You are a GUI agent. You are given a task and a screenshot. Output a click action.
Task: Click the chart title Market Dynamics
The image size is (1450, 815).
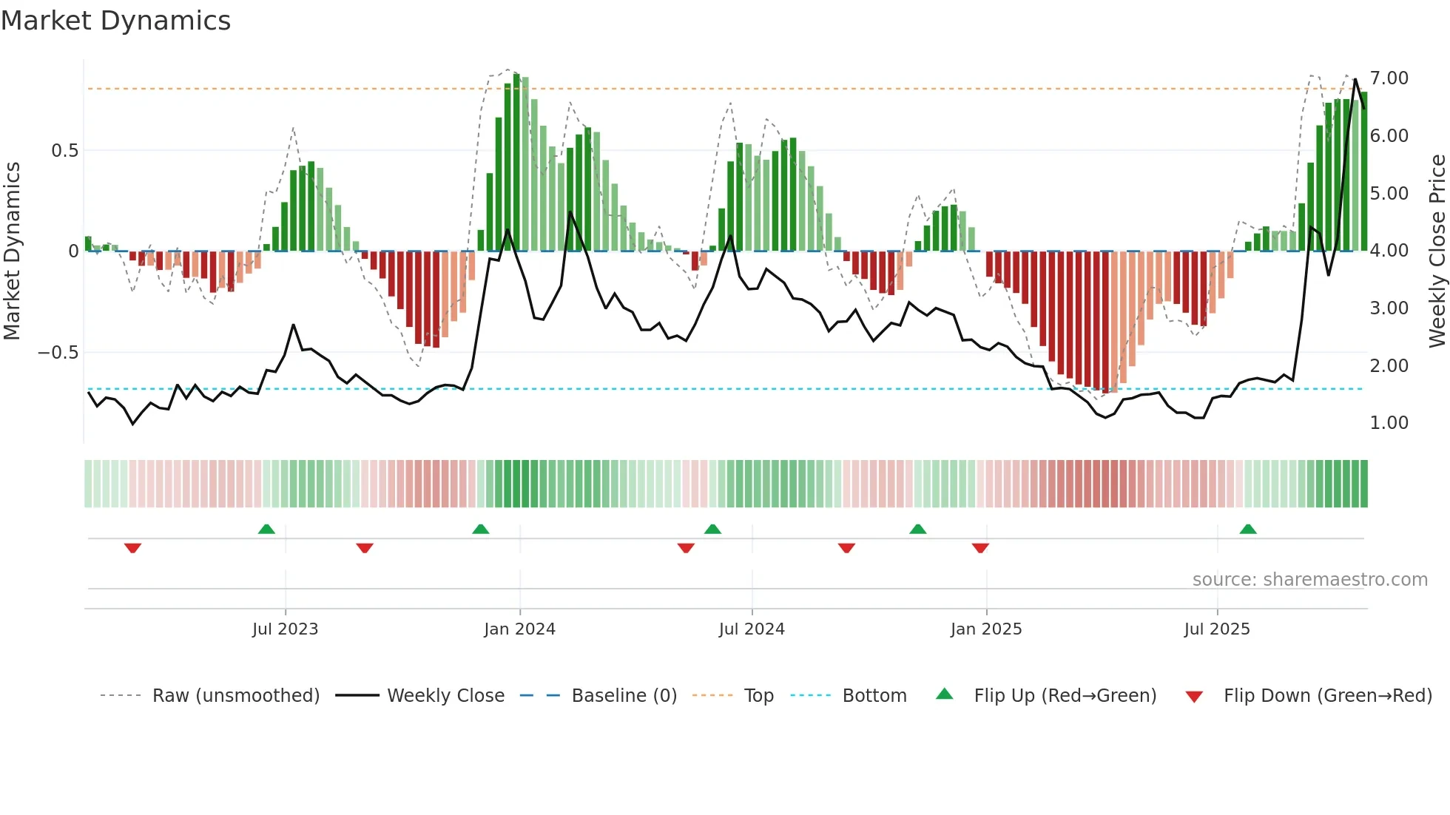(116, 21)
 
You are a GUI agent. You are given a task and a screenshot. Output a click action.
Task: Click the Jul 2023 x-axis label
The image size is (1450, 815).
(285, 629)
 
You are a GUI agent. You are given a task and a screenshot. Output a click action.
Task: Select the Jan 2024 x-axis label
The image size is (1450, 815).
(519, 629)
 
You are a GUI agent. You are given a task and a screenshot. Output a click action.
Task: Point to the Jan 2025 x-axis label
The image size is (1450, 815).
(986, 629)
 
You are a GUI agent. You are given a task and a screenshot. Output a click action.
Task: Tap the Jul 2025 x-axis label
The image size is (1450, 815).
(1217, 629)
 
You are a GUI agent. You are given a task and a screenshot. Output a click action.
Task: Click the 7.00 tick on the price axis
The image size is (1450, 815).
(1389, 78)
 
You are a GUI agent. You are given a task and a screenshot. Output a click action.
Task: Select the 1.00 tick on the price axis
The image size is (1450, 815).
(1389, 423)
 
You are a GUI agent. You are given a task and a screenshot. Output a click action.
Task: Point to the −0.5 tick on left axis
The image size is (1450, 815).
(58, 353)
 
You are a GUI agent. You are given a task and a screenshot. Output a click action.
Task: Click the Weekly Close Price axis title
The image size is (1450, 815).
(1437, 251)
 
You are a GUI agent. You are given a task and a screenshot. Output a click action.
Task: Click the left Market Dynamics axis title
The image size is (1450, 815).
(12, 251)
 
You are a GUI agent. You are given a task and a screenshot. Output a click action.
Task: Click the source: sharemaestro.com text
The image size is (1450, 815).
(1309, 580)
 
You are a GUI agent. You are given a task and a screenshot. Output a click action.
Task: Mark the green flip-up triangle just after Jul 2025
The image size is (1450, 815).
(1248, 529)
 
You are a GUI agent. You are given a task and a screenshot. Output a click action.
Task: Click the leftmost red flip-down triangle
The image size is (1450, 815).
(132, 548)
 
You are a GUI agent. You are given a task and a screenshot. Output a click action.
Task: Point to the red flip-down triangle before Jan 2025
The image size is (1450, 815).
(980, 548)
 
